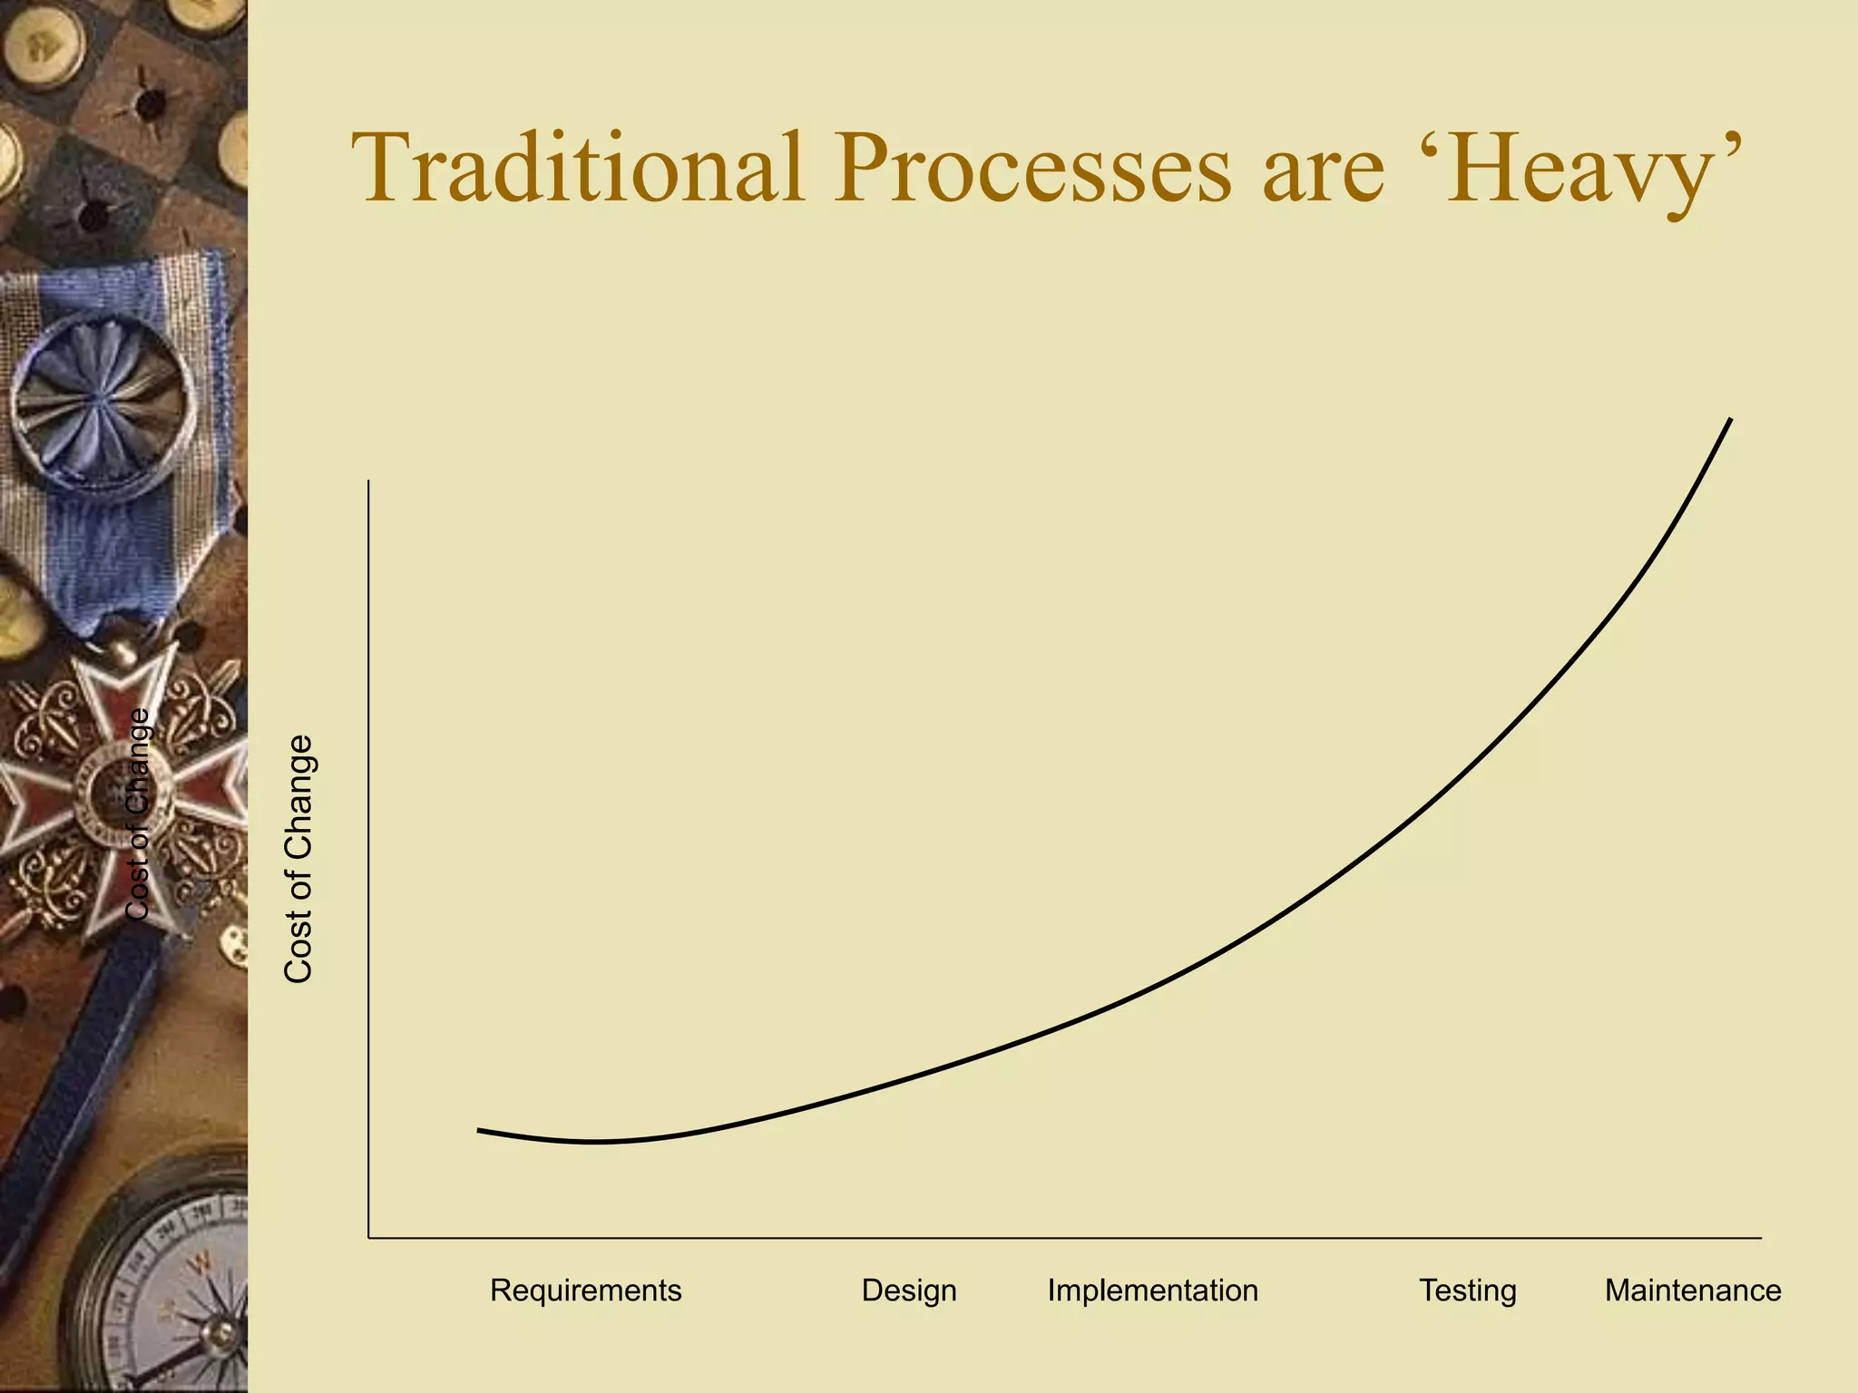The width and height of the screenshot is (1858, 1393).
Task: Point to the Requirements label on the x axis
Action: [x=585, y=1290]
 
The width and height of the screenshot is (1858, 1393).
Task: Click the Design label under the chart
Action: [x=909, y=1290]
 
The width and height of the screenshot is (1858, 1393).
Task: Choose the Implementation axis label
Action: [x=1152, y=1290]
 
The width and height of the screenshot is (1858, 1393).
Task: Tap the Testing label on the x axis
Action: [x=1467, y=1290]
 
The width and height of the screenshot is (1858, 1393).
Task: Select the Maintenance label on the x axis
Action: [x=1692, y=1290]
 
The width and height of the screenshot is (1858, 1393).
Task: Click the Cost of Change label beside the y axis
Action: [x=298, y=858]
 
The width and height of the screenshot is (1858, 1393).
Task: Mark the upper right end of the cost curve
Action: [x=1730, y=420]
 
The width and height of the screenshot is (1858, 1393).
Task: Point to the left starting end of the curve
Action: [x=479, y=1130]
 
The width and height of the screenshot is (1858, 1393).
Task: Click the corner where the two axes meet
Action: [x=368, y=1237]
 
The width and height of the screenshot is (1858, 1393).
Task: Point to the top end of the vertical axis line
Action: [x=368, y=482]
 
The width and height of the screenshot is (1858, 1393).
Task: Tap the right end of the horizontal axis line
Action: [x=1760, y=1237]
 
